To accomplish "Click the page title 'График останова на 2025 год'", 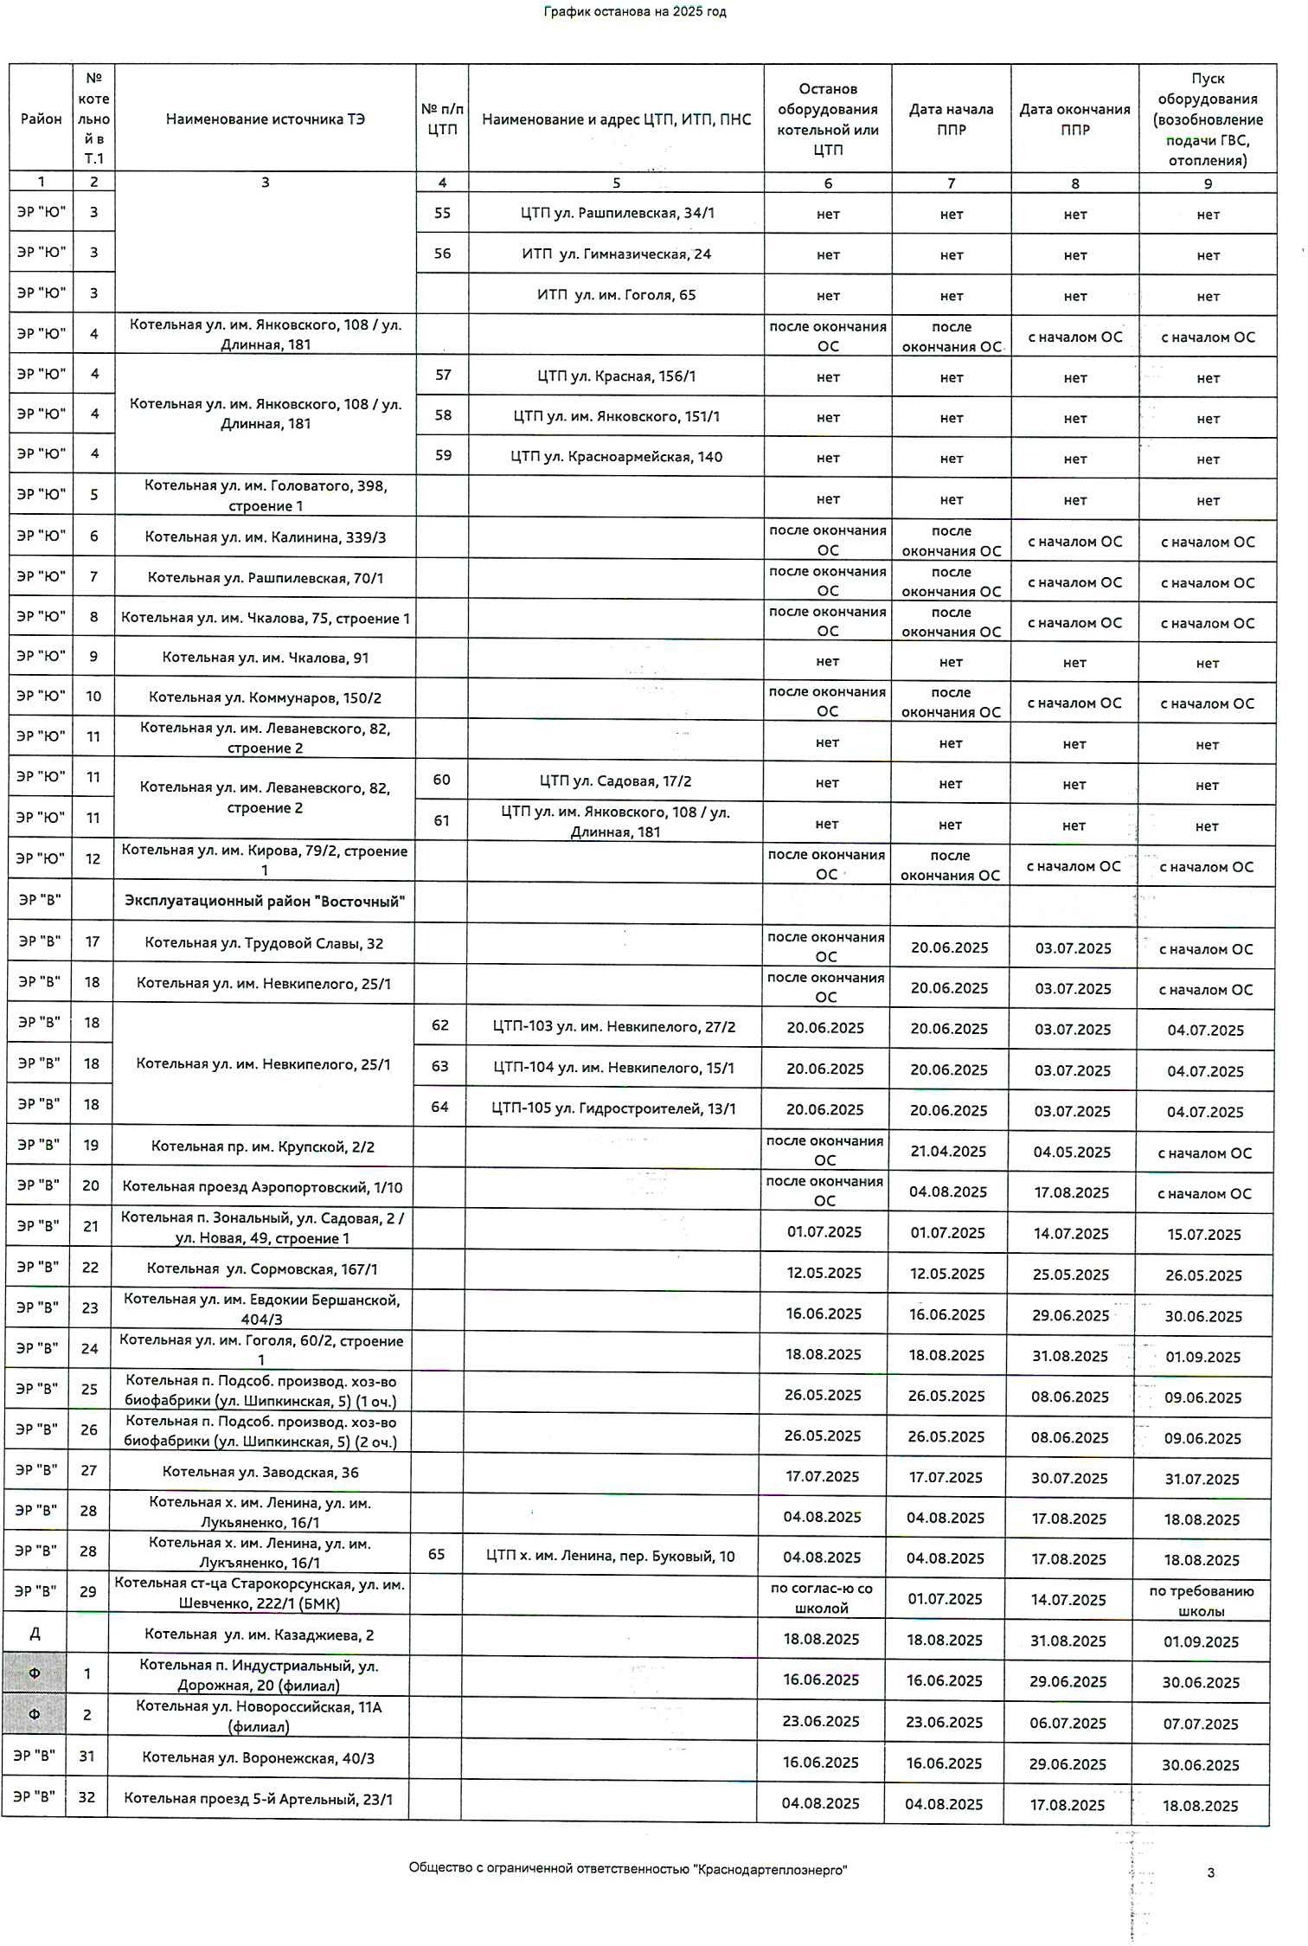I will tap(634, 12).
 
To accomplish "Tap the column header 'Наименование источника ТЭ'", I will tap(266, 119).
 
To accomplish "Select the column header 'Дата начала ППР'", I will tap(951, 119).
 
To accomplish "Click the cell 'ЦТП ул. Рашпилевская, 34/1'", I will tap(617, 213).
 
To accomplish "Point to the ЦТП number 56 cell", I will tap(442, 254).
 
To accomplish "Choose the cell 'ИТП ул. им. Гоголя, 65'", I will tap(616, 295).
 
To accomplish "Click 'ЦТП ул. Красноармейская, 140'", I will tap(616, 457).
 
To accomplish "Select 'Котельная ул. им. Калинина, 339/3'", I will tap(266, 537).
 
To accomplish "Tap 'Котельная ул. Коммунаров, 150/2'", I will tap(265, 697).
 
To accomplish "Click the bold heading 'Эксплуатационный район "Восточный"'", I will tap(264, 902).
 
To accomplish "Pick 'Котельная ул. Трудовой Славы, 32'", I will tap(264, 943).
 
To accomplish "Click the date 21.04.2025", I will tap(948, 1152).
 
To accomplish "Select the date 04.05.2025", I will tap(1072, 1153).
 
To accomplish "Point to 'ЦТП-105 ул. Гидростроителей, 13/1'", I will tap(613, 1109).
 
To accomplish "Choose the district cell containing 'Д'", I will tap(35, 1635).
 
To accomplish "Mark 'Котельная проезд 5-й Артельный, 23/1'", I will tap(258, 1799).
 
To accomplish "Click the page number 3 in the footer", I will tap(1210, 1873).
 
